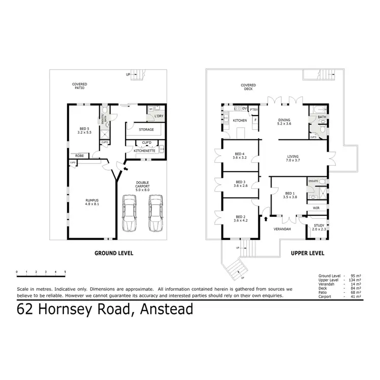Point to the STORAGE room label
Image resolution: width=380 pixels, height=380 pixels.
[x=146, y=130]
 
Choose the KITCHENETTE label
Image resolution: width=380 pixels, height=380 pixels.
[x=144, y=150]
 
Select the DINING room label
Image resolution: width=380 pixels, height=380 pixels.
[x=283, y=120]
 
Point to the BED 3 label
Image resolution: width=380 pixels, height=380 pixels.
[x=241, y=183]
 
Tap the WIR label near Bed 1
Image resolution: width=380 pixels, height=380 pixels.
[x=316, y=208]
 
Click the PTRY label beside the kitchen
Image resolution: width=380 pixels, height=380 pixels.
[x=254, y=109]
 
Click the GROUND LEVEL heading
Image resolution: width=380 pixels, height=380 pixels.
[x=114, y=253]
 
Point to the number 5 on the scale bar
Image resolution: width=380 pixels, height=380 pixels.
[x=65, y=272]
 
